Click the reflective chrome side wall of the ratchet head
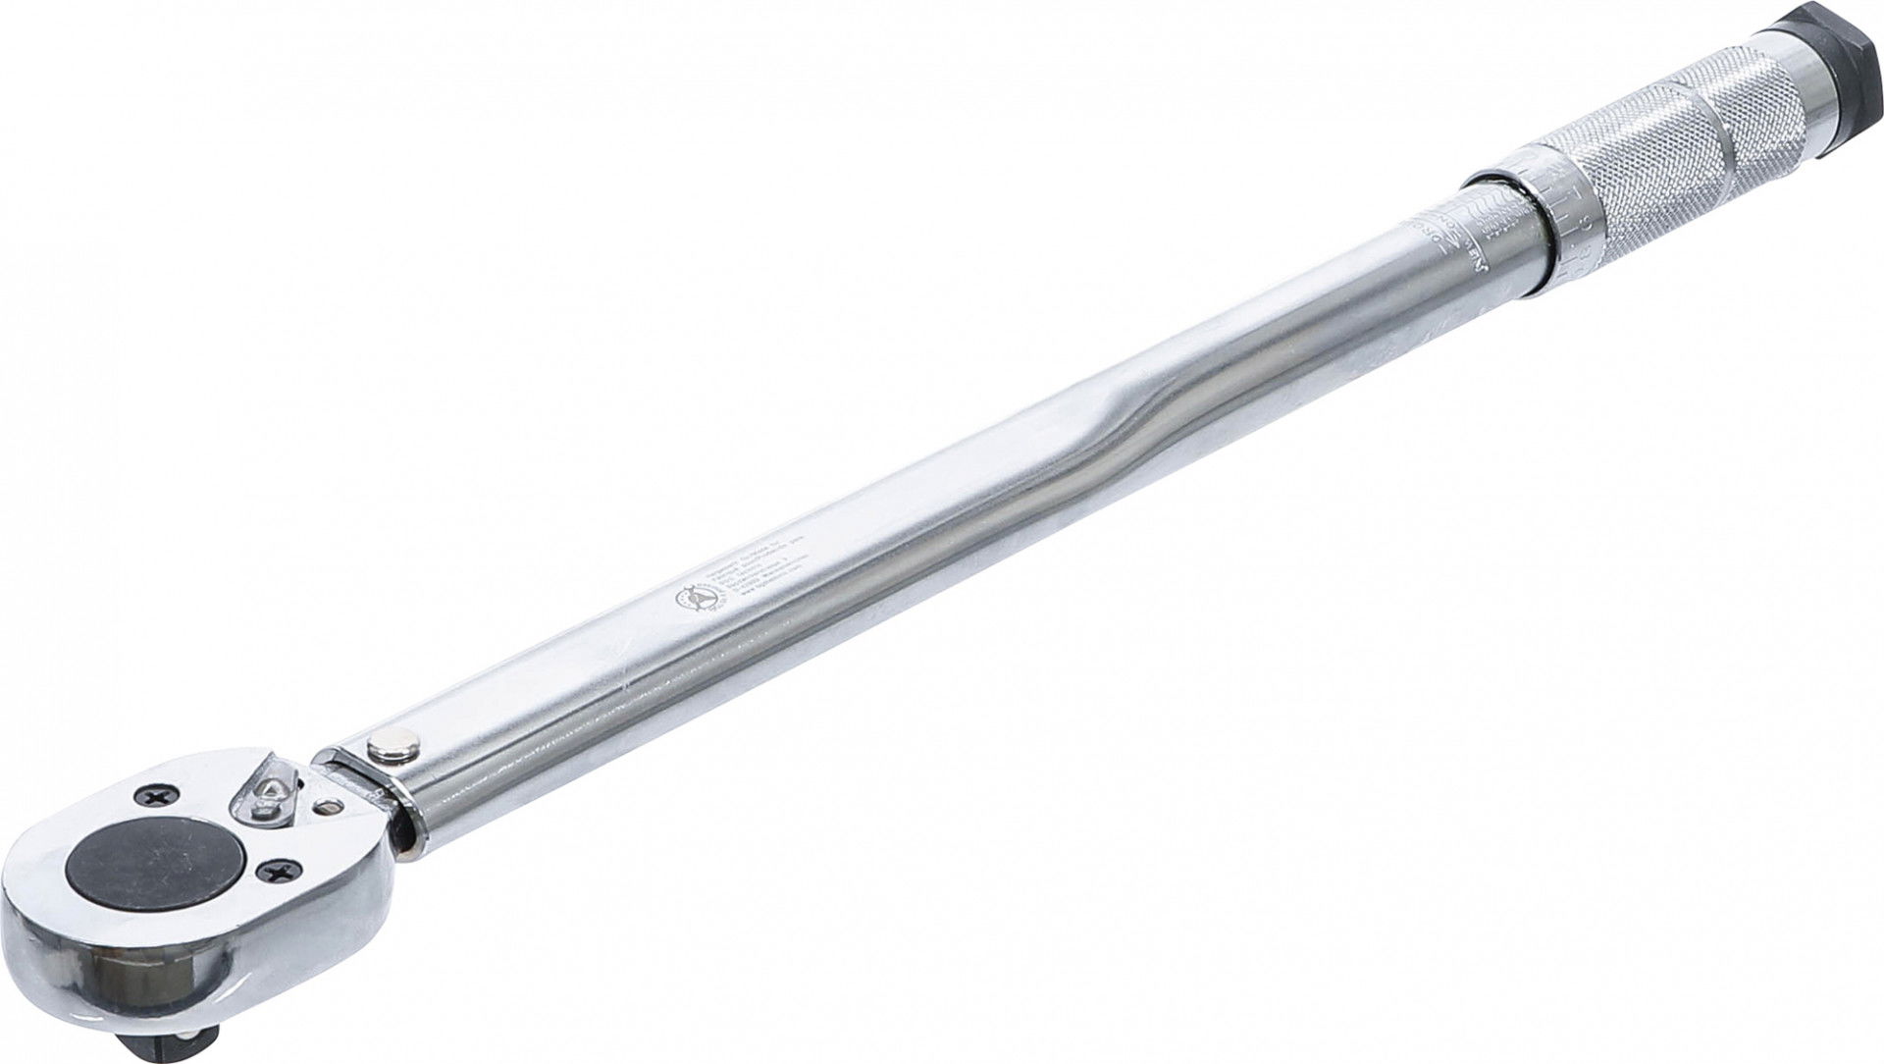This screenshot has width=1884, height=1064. pyautogui.click(x=128, y=967)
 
